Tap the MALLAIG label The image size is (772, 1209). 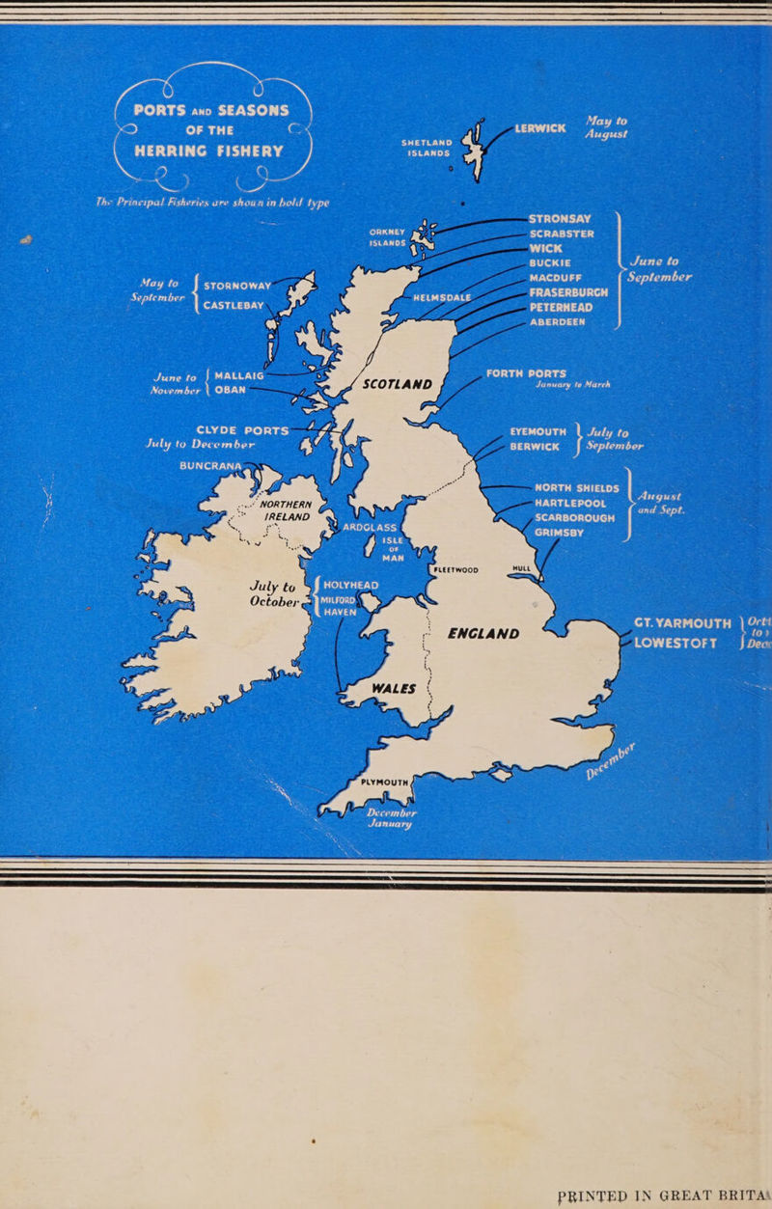point(240,374)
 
